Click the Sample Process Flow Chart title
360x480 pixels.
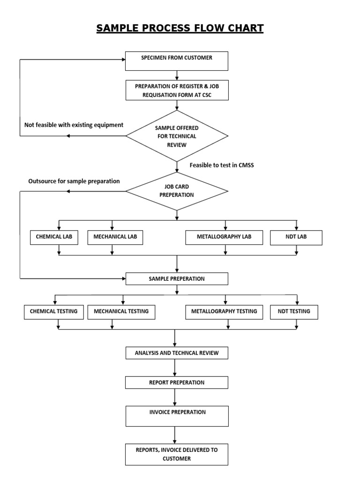click(x=180, y=29)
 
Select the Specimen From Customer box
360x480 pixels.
click(x=177, y=60)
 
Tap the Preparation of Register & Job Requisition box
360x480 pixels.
click(x=177, y=90)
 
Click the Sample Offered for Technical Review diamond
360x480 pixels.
click(x=177, y=136)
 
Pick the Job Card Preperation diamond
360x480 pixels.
click(x=177, y=191)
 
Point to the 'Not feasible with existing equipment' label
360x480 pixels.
click(x=74, y=125)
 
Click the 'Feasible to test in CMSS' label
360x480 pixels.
click(x=222, y=165)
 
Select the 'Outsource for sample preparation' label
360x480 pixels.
click(x=74, y=181)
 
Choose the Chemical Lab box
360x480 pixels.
click(x=54, y=238)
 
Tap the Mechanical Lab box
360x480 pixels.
click(x=115, y=238)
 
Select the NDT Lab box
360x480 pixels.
click(x=296, y=238)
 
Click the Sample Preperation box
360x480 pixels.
click(x=177, y=279)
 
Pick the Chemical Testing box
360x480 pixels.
click(x=54, y=312)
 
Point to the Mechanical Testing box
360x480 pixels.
click(x=121, y=312)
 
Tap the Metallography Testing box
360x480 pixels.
click(x=224, y=312)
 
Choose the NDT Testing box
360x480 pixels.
click(x=294, y=312)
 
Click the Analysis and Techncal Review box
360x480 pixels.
click(x=177, y=353)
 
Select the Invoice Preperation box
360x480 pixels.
click(x=177, y=416)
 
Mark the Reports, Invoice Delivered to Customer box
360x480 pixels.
click(x=177, y=454)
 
